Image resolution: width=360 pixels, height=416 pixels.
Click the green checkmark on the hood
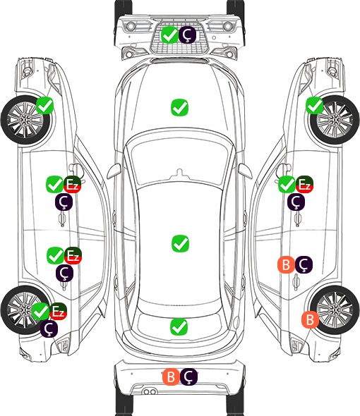[x=179, y=107]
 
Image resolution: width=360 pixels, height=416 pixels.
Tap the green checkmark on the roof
[x=180, y=243]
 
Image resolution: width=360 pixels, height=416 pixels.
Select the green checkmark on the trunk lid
[x=179, y=326]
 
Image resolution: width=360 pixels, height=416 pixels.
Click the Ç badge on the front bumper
[x=187, y=35]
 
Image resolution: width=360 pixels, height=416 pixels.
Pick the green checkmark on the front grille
[x=169, y=35]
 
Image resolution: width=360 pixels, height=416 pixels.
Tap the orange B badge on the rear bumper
[x=171, y=377]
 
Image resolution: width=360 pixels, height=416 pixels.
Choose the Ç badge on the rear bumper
[x=188, y=377]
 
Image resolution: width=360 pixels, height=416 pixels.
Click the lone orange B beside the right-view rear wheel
[x=310, y=319]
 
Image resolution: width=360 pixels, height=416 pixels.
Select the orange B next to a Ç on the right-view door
[x=286, y=264]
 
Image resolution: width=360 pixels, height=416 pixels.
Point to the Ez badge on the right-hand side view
[x=304, y=185]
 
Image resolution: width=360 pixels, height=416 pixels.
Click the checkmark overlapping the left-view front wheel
[x=44, y=106]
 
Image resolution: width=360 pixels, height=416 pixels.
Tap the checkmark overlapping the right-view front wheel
[x=315, y=106]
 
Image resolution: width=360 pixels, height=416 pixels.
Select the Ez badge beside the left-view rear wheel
[x=58, y=311]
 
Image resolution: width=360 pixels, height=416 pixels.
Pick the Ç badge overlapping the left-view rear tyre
[x=49, y=329]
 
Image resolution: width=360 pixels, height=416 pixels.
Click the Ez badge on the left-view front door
[x=73, y=185]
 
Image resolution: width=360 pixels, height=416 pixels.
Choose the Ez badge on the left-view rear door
[x=73, y=255]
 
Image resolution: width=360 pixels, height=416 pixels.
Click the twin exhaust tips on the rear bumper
[x=150, y=391]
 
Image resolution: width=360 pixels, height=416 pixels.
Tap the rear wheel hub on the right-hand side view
[x=335, y=310]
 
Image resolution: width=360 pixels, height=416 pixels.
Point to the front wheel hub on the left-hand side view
[x=25, y=120]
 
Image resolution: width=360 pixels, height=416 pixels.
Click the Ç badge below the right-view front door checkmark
[x=296, y=202]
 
